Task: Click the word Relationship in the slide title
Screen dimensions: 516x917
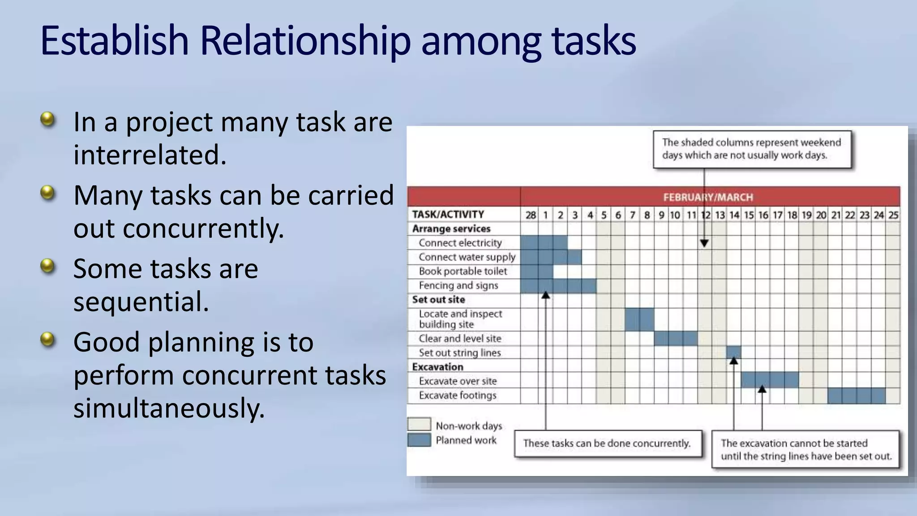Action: tap(304, 41)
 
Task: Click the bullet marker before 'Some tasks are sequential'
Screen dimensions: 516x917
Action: tap(47, 266)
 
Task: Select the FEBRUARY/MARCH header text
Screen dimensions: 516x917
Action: tap(708, 197)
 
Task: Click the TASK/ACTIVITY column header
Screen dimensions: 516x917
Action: tap(448, 215)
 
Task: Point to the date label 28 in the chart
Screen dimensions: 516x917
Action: tap(531, 215)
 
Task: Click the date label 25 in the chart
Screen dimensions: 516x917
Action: tap(893, 215)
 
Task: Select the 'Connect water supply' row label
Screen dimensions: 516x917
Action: tap(467, 257)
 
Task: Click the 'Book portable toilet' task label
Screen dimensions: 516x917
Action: tap(463, 271)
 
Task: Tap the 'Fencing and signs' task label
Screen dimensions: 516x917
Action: tap(458, 286)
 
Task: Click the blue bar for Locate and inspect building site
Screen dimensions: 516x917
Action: tap(639, 319)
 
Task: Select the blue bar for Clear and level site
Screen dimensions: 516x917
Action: tap(676, 339)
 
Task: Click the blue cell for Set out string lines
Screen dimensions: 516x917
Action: tap(733, 351)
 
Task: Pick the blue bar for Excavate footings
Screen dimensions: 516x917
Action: tap(856, 396)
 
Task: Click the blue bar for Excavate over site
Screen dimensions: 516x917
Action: tap(769, 380)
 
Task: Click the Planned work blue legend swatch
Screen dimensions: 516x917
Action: tap(419, 440)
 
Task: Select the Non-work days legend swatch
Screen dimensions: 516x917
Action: tap(419, 424)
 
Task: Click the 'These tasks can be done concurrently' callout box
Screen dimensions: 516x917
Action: tap(608, 443)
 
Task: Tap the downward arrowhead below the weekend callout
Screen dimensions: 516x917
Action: tap(704, 243)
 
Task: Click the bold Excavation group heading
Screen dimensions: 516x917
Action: tap(437, 367)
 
